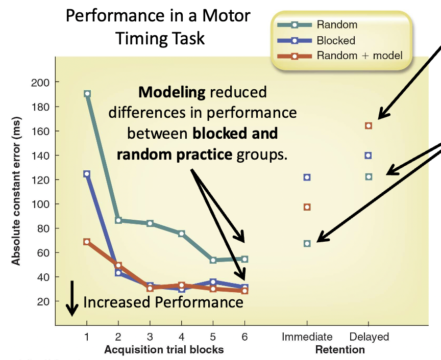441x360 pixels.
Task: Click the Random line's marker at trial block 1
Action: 87,94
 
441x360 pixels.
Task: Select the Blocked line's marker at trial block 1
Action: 87,174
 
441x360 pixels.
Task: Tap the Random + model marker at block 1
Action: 87,242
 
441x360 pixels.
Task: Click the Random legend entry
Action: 336,24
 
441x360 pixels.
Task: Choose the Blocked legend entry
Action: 335,40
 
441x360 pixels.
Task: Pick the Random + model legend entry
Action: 357,56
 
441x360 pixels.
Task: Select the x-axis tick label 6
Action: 244,337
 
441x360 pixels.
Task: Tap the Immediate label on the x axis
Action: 307,337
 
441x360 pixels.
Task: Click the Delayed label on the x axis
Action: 369,337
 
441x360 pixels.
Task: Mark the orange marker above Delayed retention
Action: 369,125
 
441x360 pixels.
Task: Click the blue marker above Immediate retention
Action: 307,177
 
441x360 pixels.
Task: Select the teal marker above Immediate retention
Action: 307,244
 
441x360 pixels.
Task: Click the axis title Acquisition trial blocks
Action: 163,350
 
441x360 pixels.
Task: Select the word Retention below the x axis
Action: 340,350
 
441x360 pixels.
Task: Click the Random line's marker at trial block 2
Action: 118,220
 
